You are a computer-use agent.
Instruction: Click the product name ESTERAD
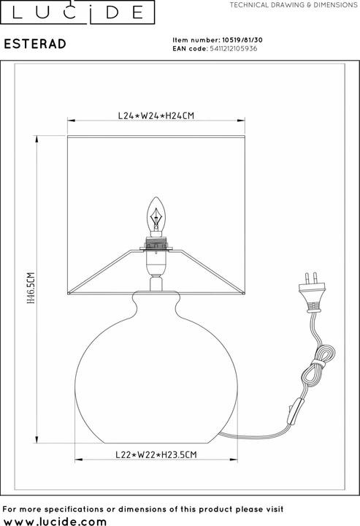[35, 44]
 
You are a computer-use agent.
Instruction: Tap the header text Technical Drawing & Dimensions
[291, 5]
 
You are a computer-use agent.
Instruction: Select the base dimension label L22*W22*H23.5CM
[157, 454]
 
